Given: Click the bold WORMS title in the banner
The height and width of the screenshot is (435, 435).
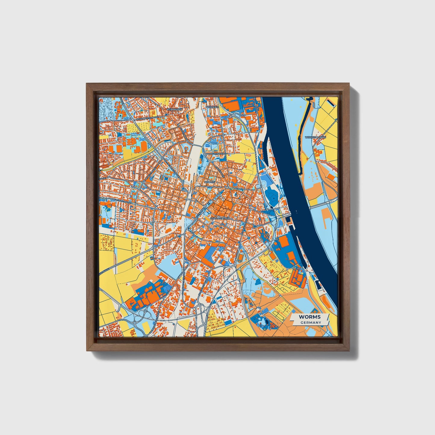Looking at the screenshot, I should point(310,317).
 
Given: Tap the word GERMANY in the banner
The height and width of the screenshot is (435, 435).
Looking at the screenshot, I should point(311,323).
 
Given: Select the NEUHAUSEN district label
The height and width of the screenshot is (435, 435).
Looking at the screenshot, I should point(175,109).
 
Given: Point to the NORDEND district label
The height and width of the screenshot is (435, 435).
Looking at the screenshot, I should point(212,107).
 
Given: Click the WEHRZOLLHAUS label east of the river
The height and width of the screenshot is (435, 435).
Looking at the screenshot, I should point(315,137).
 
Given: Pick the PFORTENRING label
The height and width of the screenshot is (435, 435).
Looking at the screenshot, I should point(218,154).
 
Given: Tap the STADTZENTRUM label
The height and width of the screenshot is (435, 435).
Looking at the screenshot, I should point(220,218).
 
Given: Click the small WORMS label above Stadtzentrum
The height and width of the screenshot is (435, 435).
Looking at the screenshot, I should point(210,182).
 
